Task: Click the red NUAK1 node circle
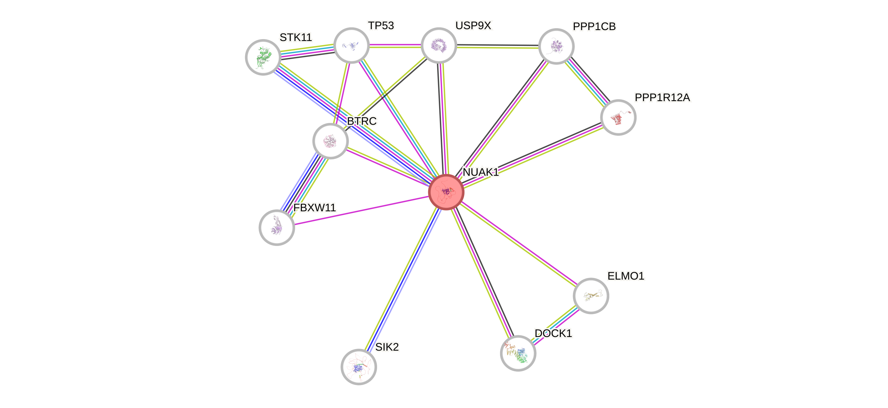446,192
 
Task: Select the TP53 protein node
352,45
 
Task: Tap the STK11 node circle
263,57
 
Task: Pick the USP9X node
439,45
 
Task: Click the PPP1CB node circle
556,46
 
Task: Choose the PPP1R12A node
618,117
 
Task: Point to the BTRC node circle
330,141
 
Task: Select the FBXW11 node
277,227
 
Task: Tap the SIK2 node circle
358,367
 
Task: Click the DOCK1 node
518,353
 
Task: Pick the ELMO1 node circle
591,296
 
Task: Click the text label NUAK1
481,172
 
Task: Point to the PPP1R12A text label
662,98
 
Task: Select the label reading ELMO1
626,276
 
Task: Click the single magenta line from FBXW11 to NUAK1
362,211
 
